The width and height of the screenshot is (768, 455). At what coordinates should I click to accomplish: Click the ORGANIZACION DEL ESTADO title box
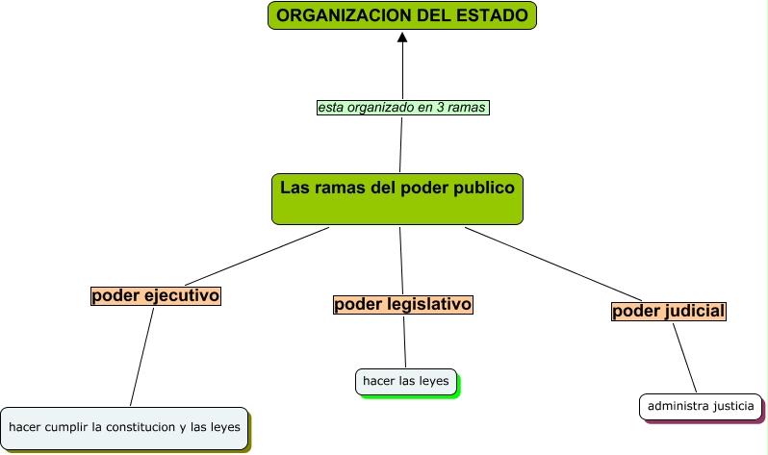[401, 15]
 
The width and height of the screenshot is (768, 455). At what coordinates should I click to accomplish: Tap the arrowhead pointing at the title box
[403, 38]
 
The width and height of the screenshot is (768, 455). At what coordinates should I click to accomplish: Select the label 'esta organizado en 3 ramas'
[402, 108]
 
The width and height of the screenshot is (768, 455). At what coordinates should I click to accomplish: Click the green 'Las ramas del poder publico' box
[397, 199]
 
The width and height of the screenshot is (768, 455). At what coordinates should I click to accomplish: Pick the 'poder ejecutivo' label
[156, 296]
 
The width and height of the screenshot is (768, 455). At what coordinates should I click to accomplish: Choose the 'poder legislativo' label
[403, 305]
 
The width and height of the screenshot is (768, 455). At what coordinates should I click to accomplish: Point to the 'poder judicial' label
[669, 312]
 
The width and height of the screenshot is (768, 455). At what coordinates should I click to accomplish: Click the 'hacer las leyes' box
[405, 382]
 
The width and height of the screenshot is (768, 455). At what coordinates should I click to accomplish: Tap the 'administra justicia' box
[701, 407]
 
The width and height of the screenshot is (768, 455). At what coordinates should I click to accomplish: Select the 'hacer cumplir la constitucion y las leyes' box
[124, 426]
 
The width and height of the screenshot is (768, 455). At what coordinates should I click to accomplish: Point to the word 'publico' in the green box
[484, 188]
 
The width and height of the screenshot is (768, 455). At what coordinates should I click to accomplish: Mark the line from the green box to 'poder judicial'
[553, 264]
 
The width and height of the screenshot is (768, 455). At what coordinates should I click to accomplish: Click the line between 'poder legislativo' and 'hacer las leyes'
[405, 341]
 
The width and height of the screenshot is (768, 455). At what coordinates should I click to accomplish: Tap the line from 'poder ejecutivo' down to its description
[142, 356]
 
